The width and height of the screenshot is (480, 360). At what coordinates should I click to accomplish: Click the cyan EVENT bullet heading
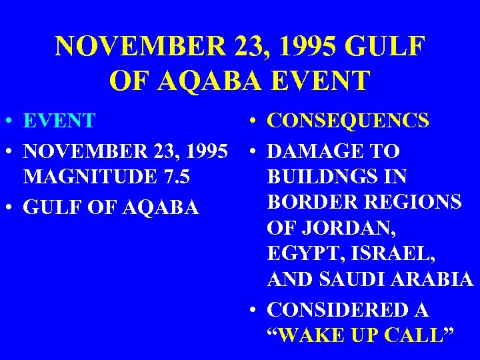coord(59,122)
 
